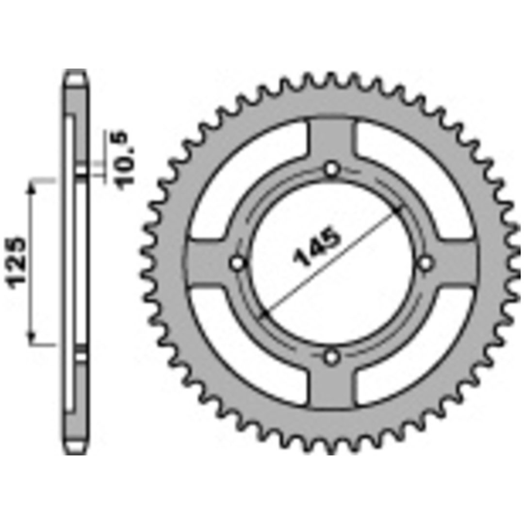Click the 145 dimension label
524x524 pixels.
(x=316, y=247)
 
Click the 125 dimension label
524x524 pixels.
(x=16, y=262)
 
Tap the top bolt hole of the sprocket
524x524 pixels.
(x=331, y=169)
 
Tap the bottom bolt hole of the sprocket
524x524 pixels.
(x=331, y=357)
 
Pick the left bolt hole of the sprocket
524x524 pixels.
(x=238, y=263)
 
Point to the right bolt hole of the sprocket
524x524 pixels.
(x=426, y=263)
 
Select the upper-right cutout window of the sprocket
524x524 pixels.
(x=418, y=180)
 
